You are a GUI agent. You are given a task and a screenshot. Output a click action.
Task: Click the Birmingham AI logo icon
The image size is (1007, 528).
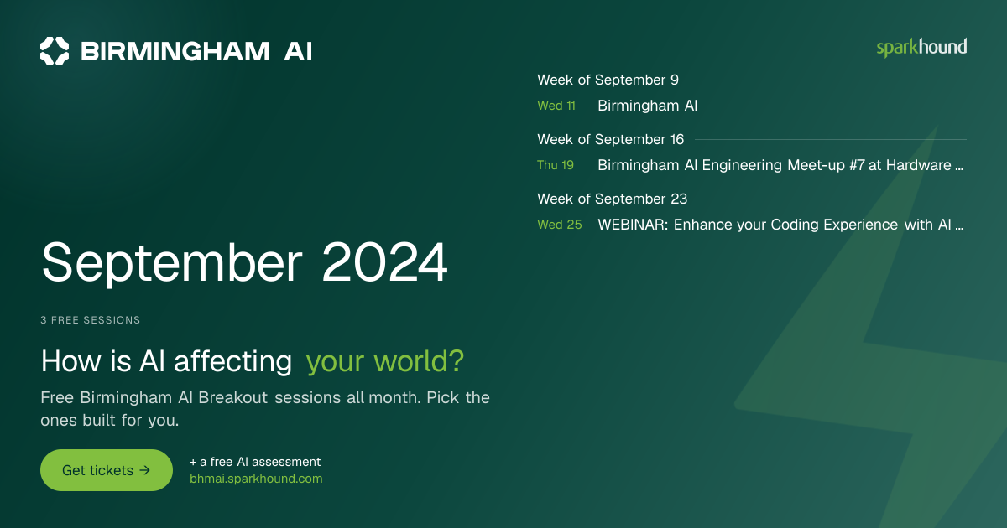(x=55, y=51)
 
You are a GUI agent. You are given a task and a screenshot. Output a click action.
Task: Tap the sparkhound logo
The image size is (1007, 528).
(x=921, y=48)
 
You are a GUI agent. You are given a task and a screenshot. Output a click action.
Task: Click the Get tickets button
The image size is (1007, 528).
(x=107, y=470)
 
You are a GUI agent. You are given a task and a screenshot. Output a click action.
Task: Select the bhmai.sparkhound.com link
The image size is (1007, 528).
(x=256, y=479)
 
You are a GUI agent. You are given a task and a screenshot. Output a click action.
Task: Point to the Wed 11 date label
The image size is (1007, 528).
(x=556, y=106)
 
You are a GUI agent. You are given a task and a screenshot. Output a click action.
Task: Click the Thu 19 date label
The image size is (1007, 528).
(x=556, y=165)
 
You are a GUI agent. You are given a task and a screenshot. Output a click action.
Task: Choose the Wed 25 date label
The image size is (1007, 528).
(x=560, y=225)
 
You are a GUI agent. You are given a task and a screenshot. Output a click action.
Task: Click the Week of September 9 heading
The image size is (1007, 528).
(x=608, y=80)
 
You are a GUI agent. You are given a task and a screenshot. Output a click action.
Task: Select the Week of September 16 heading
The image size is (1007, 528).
(x=611, y=140)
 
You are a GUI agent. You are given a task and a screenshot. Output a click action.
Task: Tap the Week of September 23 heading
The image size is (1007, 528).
(x=613, y=199)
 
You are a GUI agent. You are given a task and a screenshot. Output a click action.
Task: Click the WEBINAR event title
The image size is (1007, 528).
(x=780, y=225)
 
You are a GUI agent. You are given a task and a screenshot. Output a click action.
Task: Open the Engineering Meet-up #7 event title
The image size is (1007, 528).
(x=780, y=165)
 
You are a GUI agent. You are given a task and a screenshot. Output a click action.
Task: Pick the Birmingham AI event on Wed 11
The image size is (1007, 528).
(x=647, y=106)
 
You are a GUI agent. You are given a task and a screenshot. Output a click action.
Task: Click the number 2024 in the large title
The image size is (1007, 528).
(x=384, y=262)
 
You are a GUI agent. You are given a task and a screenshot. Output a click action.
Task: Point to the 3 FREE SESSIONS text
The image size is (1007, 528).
(x=91, y=320)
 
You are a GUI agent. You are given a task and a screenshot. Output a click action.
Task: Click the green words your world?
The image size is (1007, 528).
(x=385, y=362)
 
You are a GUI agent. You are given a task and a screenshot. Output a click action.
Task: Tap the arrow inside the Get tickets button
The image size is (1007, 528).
(x=144, y=470)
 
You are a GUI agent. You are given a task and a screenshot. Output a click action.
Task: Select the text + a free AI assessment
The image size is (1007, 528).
(x=255, y=462)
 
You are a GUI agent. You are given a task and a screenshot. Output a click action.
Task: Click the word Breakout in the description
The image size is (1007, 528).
(x=233, y=398)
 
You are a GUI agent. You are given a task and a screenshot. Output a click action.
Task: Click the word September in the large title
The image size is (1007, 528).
(x=172, y=264)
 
